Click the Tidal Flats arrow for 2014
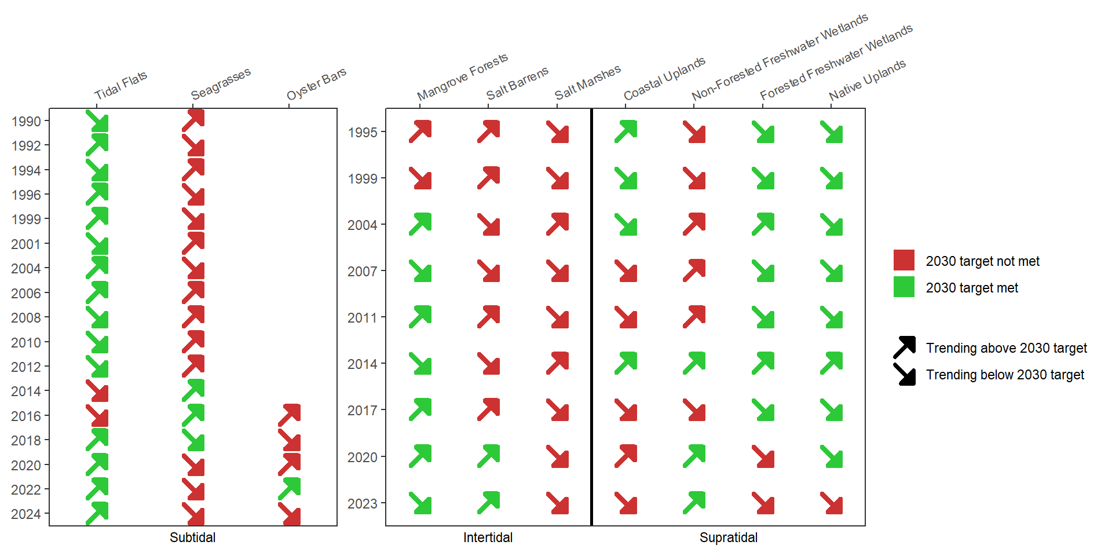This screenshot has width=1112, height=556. tap(97, 391)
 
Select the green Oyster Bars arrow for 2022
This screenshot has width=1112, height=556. tap(289, 489)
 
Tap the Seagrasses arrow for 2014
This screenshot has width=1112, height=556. tap(193, 390)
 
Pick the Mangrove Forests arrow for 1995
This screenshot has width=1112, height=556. tap(420, 131)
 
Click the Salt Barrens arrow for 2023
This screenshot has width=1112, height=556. tap(489, 503)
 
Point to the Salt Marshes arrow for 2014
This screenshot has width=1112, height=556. tap(558, 363)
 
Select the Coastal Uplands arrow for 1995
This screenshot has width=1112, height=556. tap(626, 131)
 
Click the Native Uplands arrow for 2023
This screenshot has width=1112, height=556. tap(832, 503)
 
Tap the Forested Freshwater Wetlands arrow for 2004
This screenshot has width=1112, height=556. tap(763, 224)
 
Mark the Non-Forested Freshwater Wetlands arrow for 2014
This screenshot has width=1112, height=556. tap(694, 363)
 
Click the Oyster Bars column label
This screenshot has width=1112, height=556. tap(316, 84)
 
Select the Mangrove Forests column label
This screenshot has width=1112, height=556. tap(462, 76)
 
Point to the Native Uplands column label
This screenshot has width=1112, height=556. tap(867, 80)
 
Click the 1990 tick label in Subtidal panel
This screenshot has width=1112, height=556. tap(26, 122)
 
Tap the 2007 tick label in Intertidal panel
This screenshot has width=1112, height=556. tap(363, 271)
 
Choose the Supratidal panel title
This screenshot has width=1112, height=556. tap(728, 537)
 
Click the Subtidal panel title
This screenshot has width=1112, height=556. tap(192, 537)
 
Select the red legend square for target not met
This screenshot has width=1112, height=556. tap(904, 261)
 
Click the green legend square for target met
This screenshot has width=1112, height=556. tap(904, 287)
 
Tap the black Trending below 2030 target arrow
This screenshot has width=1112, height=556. tap(904, 374)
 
